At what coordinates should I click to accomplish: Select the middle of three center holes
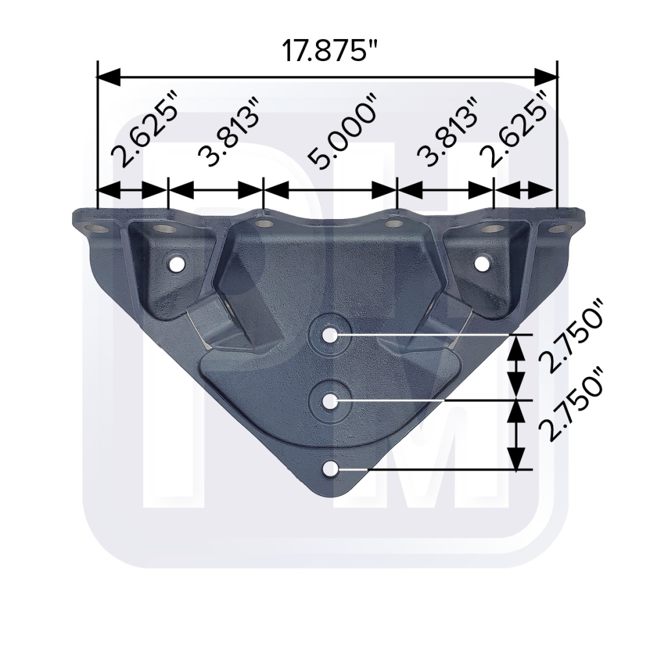point(330,401)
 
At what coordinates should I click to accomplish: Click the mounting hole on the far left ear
point(99,229)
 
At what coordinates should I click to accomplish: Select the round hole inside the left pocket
point(176,264)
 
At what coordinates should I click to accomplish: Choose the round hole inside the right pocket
point(482,263)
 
